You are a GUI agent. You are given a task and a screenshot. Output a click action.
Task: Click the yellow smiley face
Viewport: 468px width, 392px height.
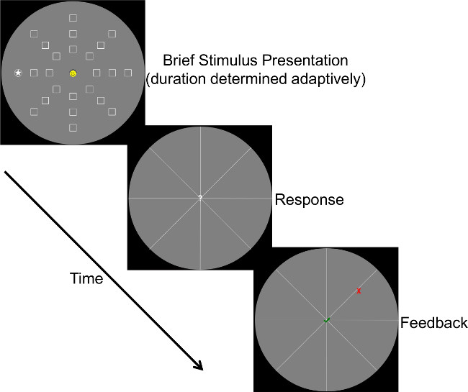[x=73, y=73]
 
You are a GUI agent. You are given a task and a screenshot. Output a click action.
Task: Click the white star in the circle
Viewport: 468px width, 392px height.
[x=18, y=73]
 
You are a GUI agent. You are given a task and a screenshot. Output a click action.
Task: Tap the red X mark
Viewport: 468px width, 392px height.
[x=359, y=291]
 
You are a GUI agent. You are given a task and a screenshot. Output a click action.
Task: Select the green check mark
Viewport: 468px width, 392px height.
[x=327, y=320]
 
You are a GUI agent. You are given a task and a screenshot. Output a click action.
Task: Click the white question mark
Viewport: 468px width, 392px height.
[x=200, y=198]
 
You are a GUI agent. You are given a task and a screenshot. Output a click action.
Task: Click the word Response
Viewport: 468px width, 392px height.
[x=309, y=199]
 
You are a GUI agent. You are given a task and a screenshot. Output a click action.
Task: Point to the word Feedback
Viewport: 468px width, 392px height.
[x=434, y=322]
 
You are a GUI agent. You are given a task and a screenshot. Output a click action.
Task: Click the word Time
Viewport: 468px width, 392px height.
[x=86, y=278]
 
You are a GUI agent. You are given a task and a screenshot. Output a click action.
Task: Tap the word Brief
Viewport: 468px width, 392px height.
[x=179, y=60]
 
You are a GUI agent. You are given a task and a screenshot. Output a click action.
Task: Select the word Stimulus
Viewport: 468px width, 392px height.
[x=228, y=60]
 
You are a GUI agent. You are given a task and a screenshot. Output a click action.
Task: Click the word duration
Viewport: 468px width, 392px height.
[x=178, y=79]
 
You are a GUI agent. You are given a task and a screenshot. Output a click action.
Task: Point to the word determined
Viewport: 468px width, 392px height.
[x=249, y=79]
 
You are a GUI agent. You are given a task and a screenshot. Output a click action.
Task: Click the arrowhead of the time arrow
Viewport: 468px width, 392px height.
[x=199, y=367]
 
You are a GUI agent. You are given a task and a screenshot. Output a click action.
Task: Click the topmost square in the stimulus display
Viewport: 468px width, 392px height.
[x=73, y=18]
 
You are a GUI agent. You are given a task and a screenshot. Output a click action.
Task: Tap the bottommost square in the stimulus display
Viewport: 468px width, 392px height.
[x=73, y=127]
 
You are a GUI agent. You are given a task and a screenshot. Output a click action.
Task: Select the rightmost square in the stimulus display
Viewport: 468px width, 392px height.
[x=127, y=73]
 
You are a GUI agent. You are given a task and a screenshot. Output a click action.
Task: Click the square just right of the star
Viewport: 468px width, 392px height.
[x=34, y=73]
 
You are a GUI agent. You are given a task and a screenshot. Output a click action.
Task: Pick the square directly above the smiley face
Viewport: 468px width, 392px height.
[x=73, y=49]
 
